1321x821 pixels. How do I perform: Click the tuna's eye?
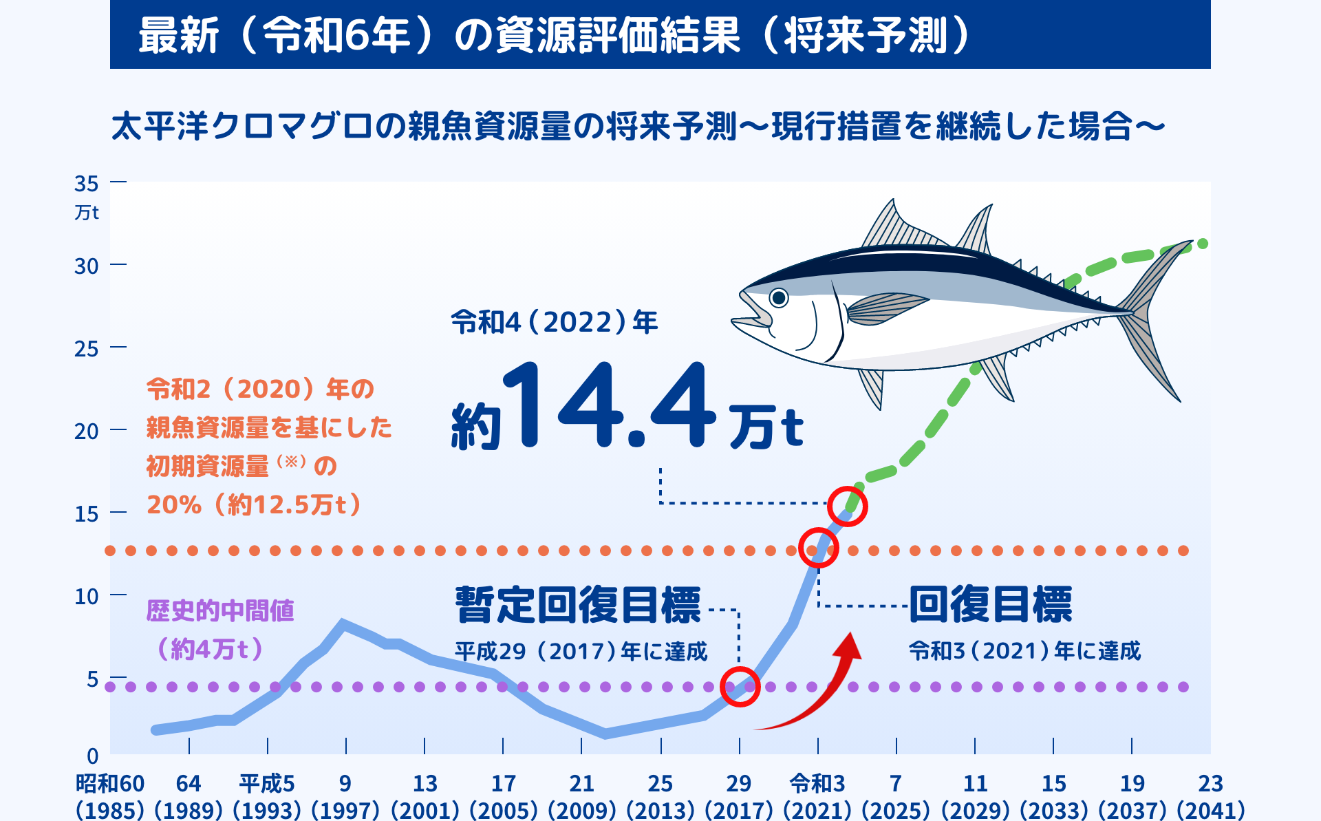pos(779,297)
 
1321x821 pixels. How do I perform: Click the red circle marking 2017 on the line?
pos(740,686)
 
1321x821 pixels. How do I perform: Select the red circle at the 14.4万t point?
pos(847,507)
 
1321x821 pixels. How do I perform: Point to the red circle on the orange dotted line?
pos(818,548)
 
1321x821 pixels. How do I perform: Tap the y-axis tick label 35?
pos(87,184)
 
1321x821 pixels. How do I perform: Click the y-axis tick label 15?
pos(87,514)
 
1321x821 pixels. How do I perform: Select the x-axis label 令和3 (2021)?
pos(817,796)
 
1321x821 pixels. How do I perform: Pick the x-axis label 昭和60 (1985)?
pos(110,796)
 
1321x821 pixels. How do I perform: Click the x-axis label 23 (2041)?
pos(1210,796)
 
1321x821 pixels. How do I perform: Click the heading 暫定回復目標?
pos(578,605)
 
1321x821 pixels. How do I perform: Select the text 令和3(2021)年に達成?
pos(1024,650)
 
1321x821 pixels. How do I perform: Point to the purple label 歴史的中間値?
pos(220,610)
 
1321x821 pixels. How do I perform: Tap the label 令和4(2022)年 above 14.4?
pos(555,322)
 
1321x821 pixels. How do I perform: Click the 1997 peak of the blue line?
pos(343,623)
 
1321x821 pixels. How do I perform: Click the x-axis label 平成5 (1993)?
pos(267,796)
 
